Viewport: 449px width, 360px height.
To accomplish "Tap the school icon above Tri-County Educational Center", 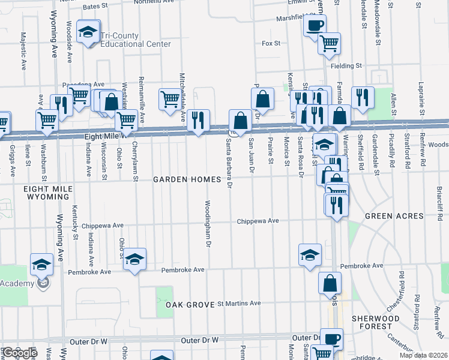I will (89, 33).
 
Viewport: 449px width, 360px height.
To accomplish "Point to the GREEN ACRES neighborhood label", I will (385, 215).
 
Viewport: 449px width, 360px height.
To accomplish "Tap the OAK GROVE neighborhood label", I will (190, 305).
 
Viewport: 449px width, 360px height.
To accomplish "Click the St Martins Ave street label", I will (239, 304).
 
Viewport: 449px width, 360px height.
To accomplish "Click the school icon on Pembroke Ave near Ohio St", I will (135, 259).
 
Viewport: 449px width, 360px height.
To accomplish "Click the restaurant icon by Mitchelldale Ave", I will (198, 120).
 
